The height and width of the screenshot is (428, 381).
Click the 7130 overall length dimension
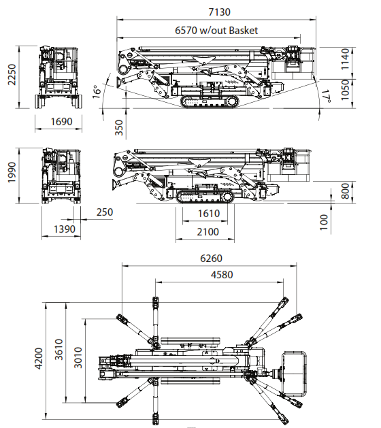[220, 12]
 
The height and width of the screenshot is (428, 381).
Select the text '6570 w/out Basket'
[216, 30]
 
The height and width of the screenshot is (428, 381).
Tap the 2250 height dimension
[12, 75]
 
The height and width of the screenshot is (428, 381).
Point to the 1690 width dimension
[62, 121]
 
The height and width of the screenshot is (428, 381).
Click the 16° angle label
[97, 92]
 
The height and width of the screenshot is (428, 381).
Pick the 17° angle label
[327, 97]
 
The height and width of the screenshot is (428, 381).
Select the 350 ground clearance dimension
[119, 127]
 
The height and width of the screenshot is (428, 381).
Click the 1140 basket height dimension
[346, 59]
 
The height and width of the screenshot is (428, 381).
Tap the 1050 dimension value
[346, 90]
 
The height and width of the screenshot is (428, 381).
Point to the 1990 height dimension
[12, 172]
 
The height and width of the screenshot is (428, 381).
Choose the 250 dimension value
[105, 212]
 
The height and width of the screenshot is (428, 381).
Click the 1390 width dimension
[65, 229]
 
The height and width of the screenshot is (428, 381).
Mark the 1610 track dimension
[209, 213]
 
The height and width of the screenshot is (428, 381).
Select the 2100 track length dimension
[208, 232]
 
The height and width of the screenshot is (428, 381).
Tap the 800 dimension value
[346, 191]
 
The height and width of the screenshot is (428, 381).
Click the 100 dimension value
[324, 223]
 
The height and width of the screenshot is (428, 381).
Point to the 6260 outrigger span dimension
[211, 258]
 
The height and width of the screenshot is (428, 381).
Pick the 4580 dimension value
[222, 274]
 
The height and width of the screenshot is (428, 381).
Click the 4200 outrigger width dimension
[39, 359]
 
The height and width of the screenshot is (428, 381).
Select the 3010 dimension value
[78, 358]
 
